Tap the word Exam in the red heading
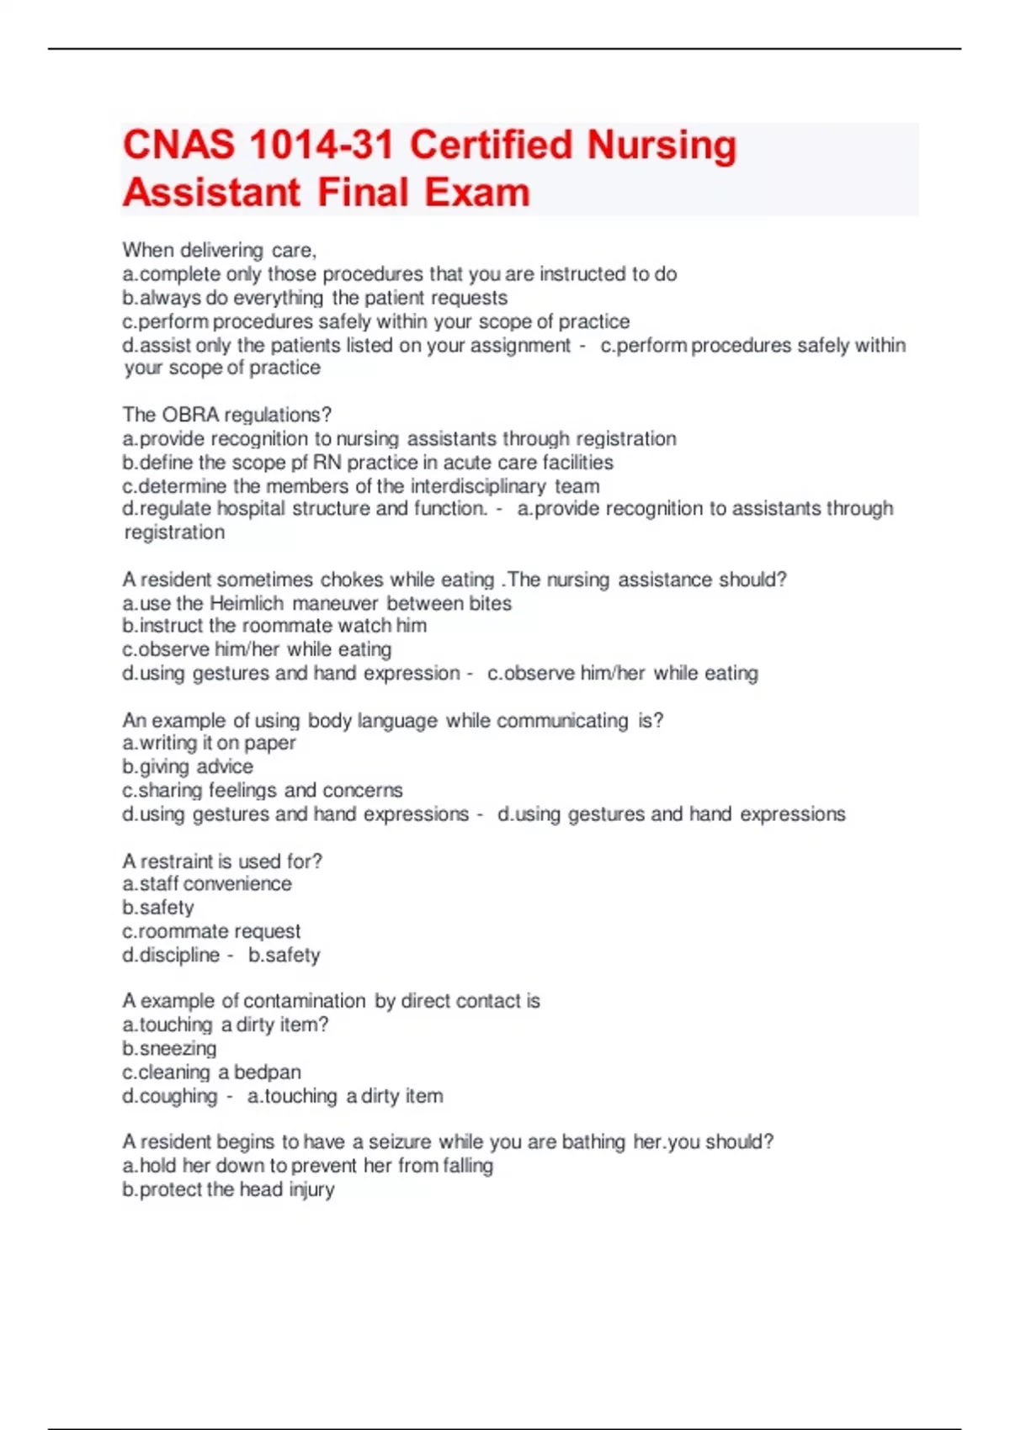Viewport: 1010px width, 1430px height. coord(476,193)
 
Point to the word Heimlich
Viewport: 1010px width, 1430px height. coord(246,603)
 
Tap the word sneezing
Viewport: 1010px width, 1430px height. coord(178,1049)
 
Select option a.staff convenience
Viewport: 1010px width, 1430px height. coord(207,884)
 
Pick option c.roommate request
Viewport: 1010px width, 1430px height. coord(211,931)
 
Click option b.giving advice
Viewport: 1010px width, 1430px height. coord(188,766)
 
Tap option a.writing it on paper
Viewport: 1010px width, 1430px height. coord(209,743)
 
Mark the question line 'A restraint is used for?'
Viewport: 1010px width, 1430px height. coord(222,861)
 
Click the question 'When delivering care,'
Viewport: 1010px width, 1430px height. coord(219,251)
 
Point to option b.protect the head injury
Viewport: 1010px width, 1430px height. coord(228,1189)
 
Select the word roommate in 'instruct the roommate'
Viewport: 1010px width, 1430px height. coord(286,626)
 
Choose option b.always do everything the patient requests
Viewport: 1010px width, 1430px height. coord(315,298)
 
